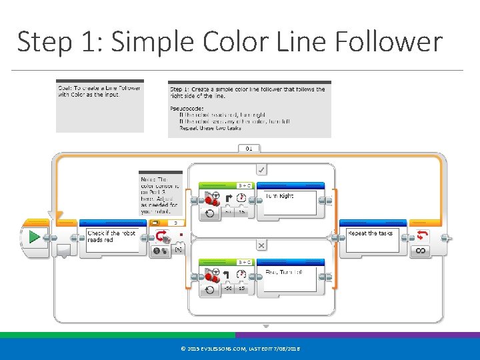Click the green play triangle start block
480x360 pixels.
35,237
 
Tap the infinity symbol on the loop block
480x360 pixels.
421,251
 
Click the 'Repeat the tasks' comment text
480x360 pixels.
371,233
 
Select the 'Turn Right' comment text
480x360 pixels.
280,196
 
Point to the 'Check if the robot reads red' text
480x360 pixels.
111,237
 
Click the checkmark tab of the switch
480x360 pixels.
262,169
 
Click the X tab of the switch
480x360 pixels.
262,245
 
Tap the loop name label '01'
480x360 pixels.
249,148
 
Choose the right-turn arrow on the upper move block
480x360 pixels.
228,197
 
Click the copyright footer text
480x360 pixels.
240,349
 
